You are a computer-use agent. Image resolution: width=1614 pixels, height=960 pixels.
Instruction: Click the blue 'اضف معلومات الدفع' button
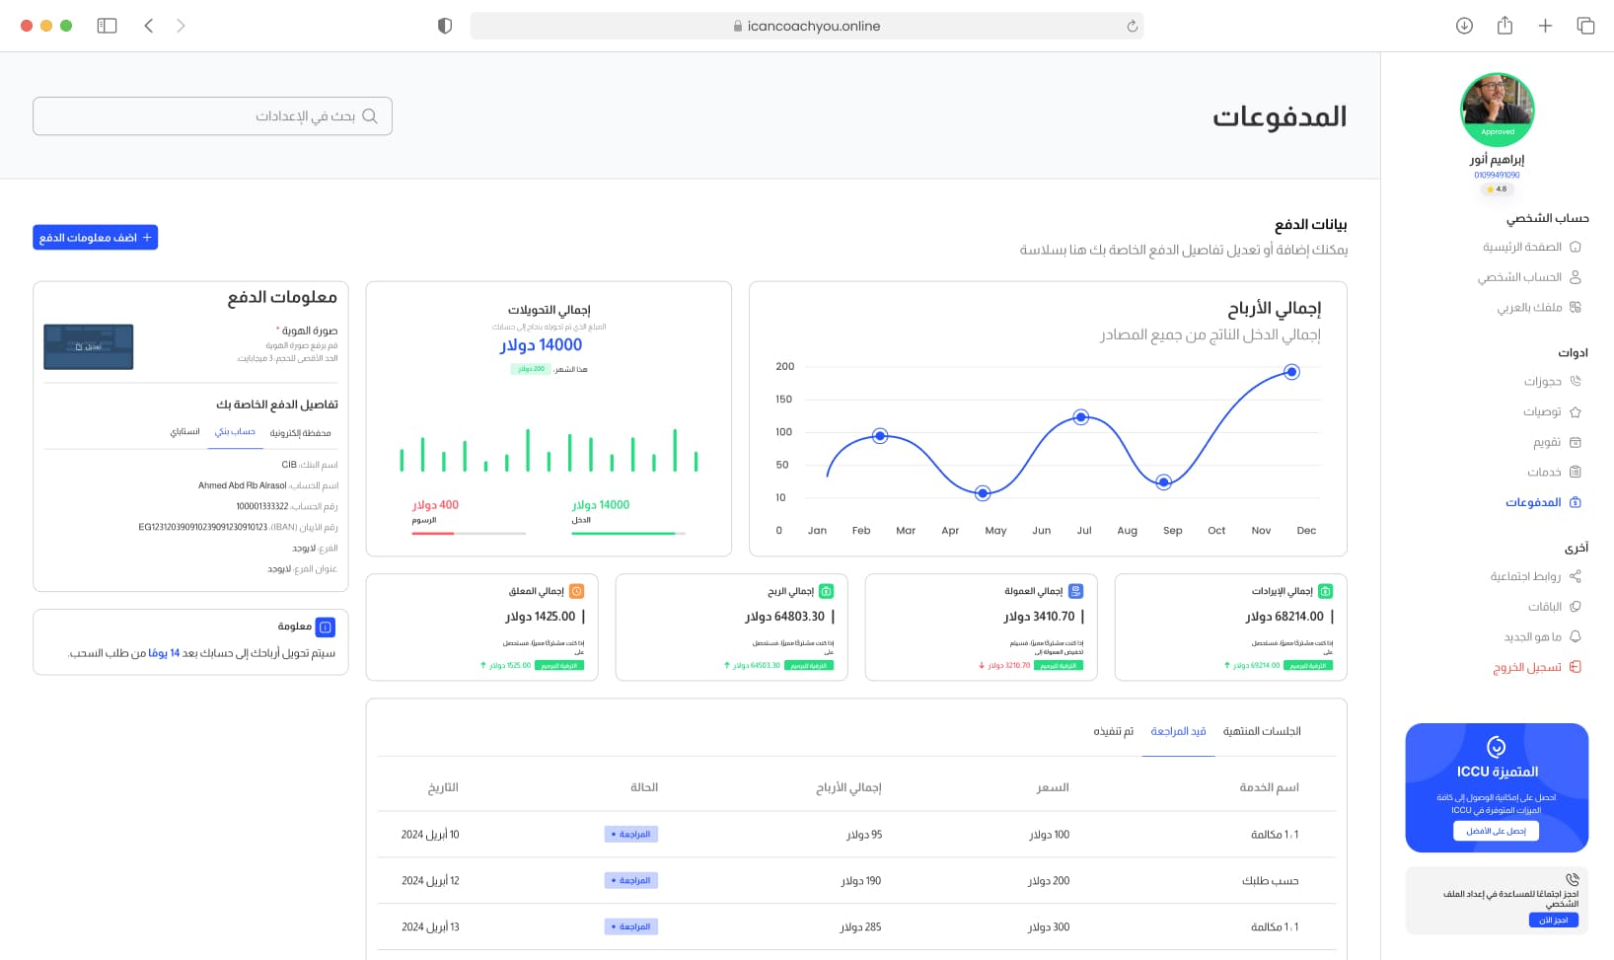pyautogui.click(x=95, y=238)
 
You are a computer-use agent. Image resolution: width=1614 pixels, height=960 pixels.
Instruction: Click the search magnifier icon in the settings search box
pyautogui.click(x=370, y=116)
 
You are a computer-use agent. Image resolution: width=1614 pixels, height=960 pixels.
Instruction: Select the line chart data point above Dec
pyautogui.click(x=1291, y=372)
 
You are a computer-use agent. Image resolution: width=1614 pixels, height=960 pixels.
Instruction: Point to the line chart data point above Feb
pyautogui.click(x=880, y=436)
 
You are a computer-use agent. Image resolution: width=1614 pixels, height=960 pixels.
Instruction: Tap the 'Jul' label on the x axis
pyautogui.click(x=1084, y=531)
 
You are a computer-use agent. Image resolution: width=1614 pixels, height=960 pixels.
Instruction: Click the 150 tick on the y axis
pyautogui.click(x=784, y=400)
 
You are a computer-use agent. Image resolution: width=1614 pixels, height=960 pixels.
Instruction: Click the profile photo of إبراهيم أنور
pyautogui.click(x=1497, y=107)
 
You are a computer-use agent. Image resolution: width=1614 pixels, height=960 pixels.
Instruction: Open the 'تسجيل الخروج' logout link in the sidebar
pyautogui.click(x=1526, y=668)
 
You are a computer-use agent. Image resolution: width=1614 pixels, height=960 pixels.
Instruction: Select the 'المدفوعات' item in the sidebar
pyautogui.click(x=1533, y=502)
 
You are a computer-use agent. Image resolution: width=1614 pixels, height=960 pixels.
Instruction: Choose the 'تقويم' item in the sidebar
pyautogui.click(x=1546, y=442)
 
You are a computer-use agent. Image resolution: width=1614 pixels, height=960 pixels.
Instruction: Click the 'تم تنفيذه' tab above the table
pyautogui.click(x=1113, y=731)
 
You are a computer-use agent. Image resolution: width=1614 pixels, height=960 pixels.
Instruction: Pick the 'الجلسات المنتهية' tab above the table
pyautogui.click(x=1261, y=731)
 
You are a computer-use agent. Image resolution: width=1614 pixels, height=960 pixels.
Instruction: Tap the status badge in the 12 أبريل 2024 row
pyautogui.click(x=631, y=880)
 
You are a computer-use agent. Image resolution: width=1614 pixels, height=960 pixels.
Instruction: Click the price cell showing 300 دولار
pyautogui.click(x=1048, y=927)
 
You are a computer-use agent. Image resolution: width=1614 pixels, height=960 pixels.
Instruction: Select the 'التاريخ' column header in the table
pyautogui.click(x=443, y=787)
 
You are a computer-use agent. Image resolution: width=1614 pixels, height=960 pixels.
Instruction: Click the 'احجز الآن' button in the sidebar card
pyautogui.click(x=1553, y=920)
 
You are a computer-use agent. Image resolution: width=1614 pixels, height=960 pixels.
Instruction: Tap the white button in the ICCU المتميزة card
pyautogui.click(x=1496, y=831)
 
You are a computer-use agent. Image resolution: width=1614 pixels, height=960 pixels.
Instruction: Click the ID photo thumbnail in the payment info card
pyautogui.click(x=89, y=347)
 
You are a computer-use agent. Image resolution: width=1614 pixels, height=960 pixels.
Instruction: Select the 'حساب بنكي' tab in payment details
pyautogui.click(x=235, y=432)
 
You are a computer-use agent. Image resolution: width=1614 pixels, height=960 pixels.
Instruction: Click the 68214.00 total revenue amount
pyautogui.click(x=1284, y=617)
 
